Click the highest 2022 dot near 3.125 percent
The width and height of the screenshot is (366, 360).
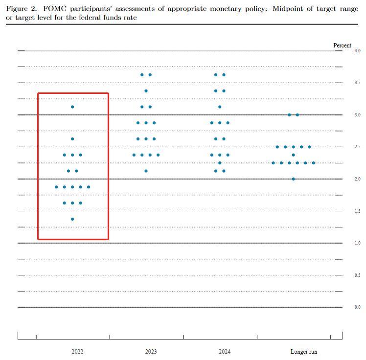(x=72, y=107)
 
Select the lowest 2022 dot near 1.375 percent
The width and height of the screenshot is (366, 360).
(x=72, y=219)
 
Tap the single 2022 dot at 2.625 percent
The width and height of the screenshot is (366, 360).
(x=72, y=139)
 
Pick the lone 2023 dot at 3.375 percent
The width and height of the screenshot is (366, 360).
(x=146, y=91)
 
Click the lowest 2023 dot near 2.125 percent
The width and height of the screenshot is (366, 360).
(x=146, y=171)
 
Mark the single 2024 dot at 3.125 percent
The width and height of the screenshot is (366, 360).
(x=220, y=107)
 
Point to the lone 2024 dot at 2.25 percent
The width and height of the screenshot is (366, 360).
(x=220, y=163)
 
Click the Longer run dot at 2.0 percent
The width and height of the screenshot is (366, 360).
(x=293, y=179)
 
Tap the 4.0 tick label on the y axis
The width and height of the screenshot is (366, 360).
(x=357, y=51)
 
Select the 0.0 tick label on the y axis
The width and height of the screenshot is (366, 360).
(x=357, y=307)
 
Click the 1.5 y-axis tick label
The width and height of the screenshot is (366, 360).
(x=357, y=211)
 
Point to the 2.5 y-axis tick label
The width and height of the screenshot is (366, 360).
(x=357, y=147)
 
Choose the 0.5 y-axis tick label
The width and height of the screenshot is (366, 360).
(x=357, y=275)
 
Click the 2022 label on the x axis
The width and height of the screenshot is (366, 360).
(x=77, y=352)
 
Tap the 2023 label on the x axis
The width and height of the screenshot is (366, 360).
(x=151, y=352)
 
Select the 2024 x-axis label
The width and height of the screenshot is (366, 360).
(x=225, y=352)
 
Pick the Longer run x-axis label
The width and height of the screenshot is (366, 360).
(x=303, y=352)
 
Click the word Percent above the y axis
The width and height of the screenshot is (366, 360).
(x=342, y=45)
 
